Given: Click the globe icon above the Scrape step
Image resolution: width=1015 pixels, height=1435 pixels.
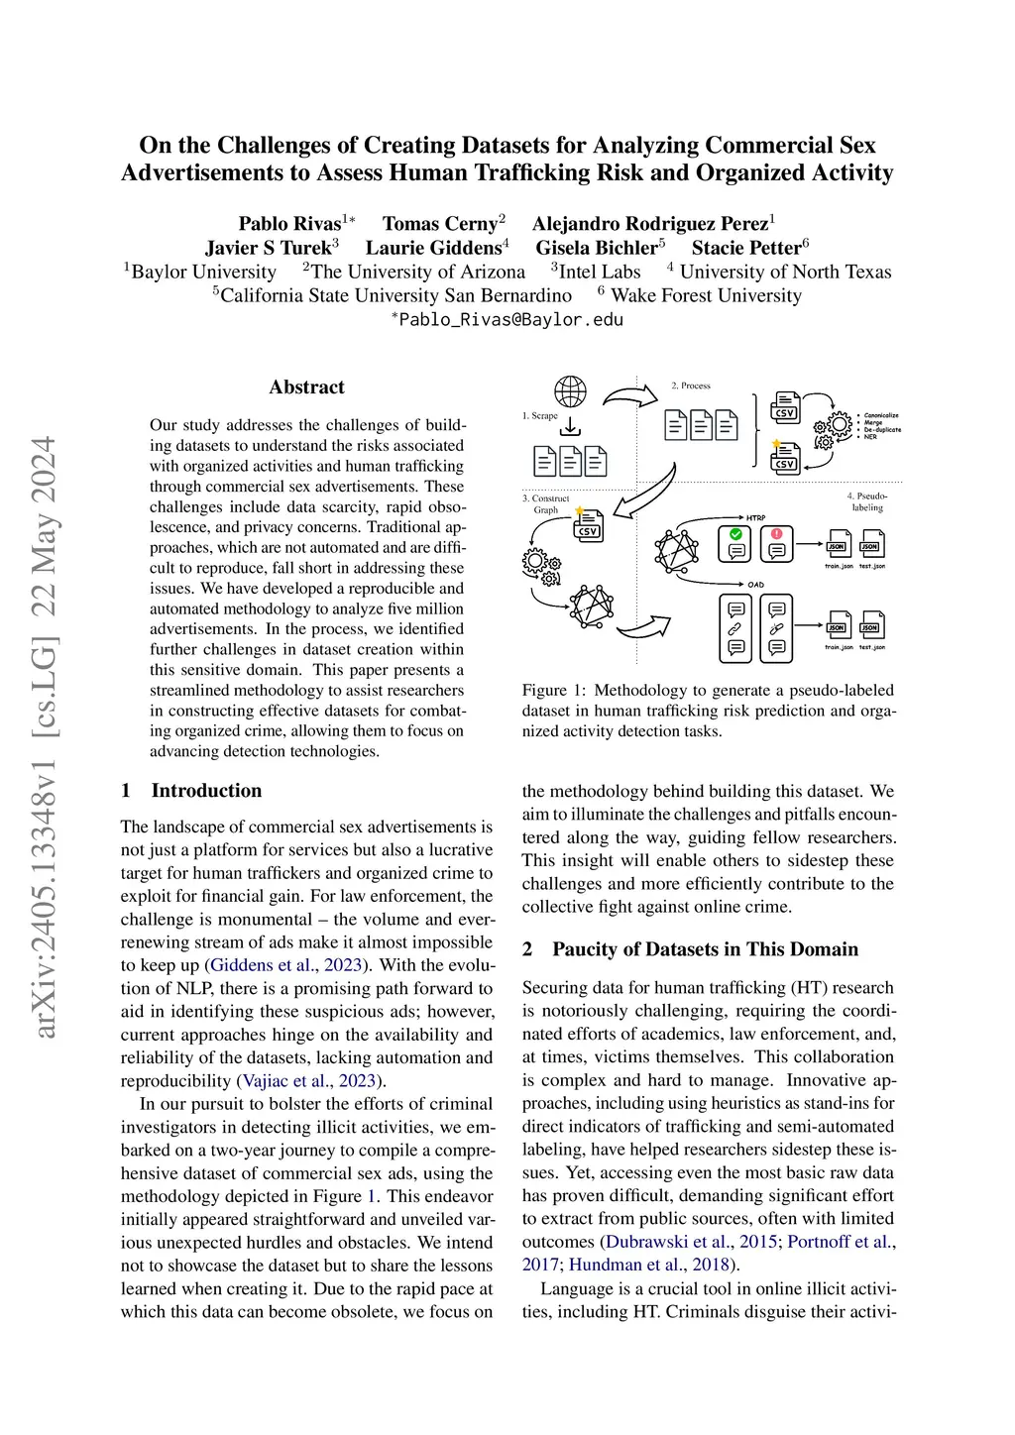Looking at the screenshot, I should tap(570, 391).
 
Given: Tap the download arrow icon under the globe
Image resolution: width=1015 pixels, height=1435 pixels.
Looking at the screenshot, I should tap(570, 427).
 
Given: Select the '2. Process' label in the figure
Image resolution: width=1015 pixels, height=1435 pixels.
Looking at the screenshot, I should tap(691, 386).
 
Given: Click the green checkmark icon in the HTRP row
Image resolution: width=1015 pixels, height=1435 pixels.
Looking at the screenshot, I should tap(736, 534).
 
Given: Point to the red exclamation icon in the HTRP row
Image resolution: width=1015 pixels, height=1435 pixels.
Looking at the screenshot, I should tap(777, 534).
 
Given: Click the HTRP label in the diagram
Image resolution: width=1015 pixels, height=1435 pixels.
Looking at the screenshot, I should tap(755, 517).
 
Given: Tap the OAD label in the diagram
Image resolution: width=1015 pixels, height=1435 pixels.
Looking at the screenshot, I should tap(755, 585).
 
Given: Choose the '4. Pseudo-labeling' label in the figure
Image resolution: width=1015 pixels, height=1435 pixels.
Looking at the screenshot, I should tap(867, 501).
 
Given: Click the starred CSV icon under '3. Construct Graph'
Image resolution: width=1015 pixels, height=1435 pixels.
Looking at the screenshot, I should tap(587, 525).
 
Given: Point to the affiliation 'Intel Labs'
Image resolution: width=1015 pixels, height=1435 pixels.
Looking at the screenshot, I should tap(600, 272).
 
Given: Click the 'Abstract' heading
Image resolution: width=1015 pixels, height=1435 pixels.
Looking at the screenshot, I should tap(306, 387).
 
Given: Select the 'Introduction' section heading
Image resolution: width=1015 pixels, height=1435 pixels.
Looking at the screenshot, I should tap(206, 791).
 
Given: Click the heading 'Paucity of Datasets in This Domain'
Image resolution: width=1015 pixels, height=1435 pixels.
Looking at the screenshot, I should tap(705, 949).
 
